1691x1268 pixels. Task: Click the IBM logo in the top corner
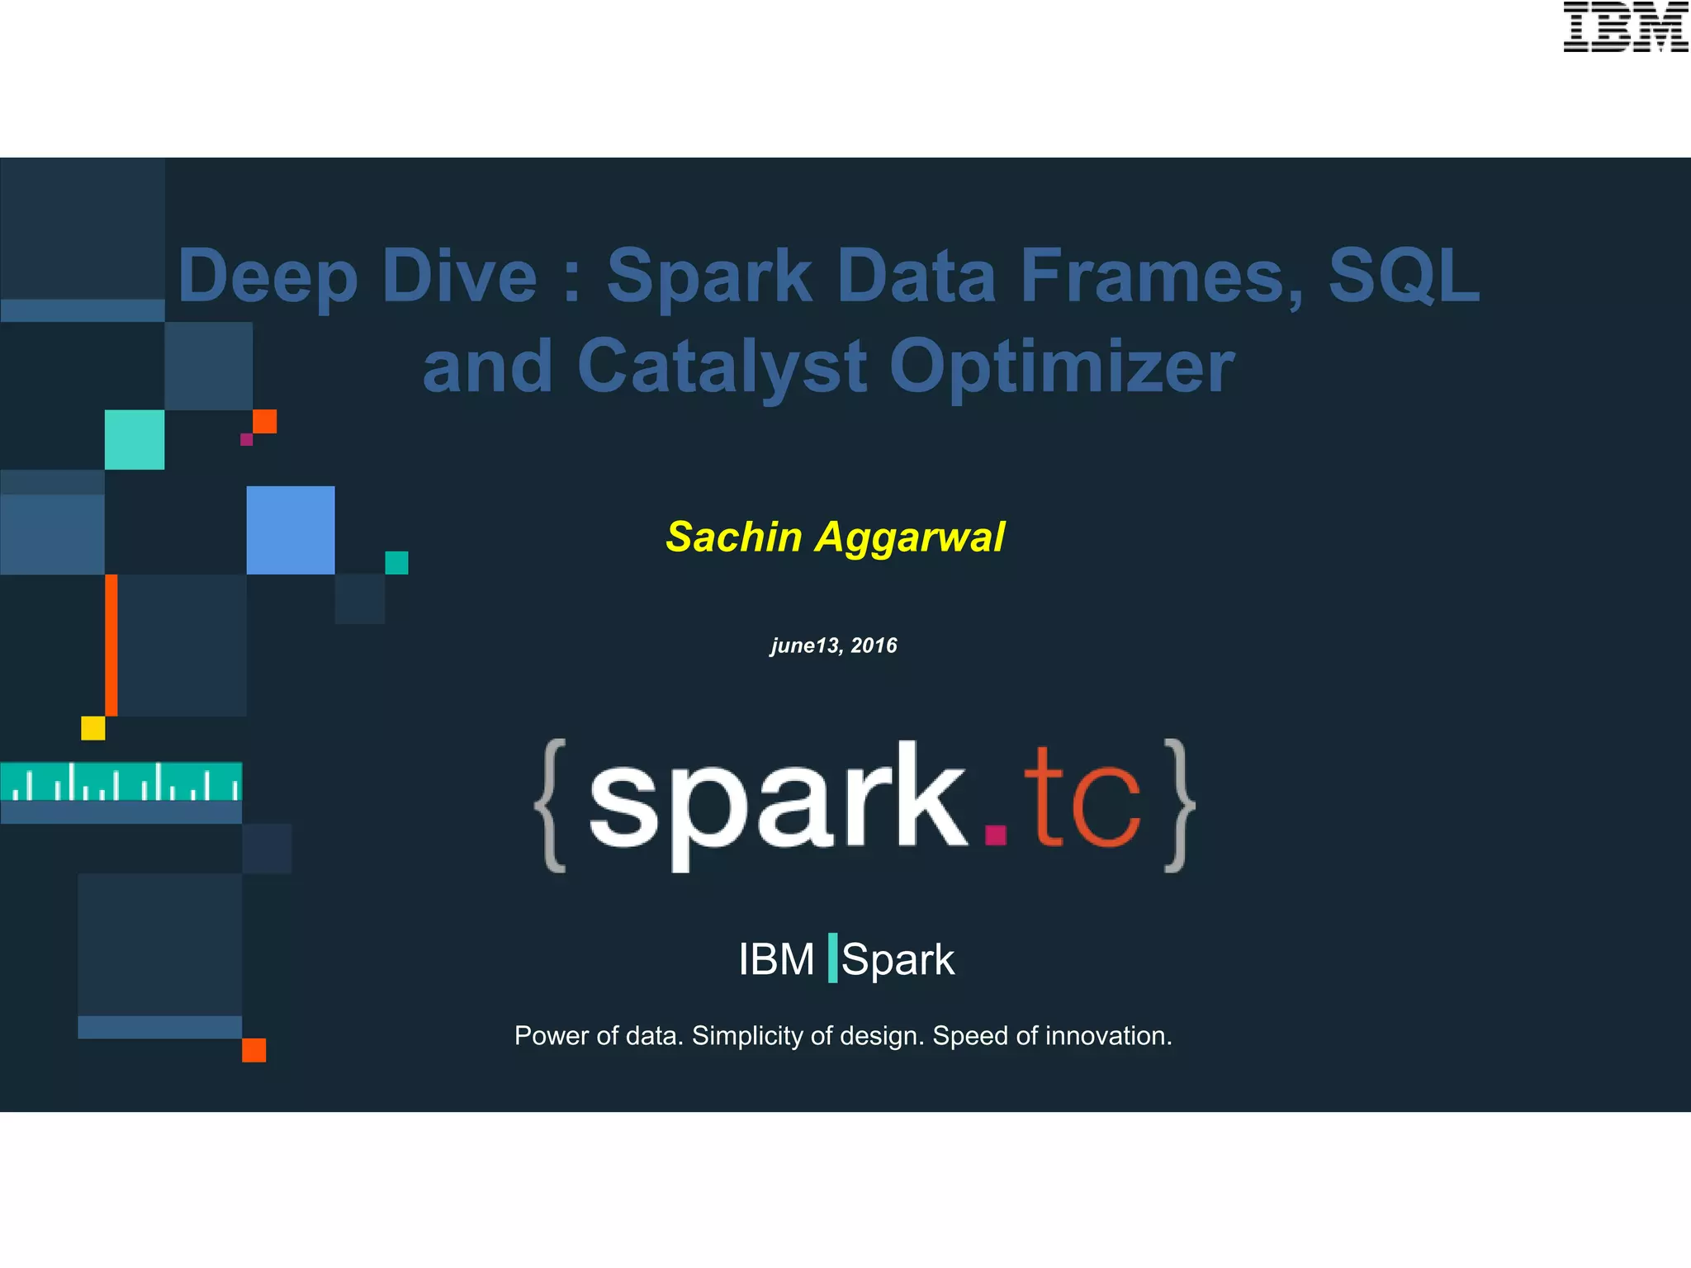tap(1625, 27)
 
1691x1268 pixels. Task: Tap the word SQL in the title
tap(1403, 276)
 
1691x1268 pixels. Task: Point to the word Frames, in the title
tap(1162, 276)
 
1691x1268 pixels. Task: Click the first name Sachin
tap(734, 537)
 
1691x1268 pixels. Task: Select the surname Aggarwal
tap(910, 538)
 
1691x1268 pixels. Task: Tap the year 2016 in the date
tap(874, 646)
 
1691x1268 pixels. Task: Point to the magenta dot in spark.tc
tap(996, 835)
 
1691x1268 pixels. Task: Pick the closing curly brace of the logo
tap(1178, 805)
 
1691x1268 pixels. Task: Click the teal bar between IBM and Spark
tap(832, 958)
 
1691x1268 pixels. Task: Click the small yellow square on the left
tap(93, 728)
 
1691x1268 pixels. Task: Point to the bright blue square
tap(291, 530)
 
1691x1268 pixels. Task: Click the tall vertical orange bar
tap(111, 645)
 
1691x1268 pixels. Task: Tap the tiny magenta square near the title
tap(246, 439)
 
